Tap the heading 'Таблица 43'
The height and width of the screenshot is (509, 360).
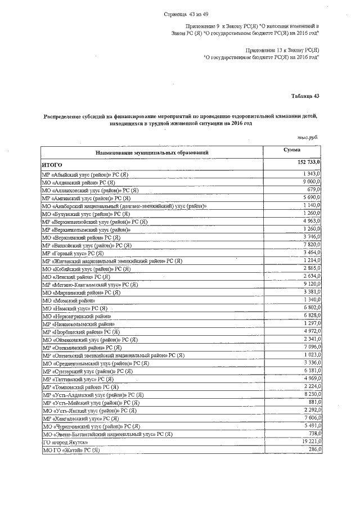[x=305, y=97]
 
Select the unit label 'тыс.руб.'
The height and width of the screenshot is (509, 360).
[x=308, y=137]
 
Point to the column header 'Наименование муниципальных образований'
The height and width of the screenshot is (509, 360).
[x=152, y=152]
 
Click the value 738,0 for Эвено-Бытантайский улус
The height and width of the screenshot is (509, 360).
[x=313, y=434]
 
